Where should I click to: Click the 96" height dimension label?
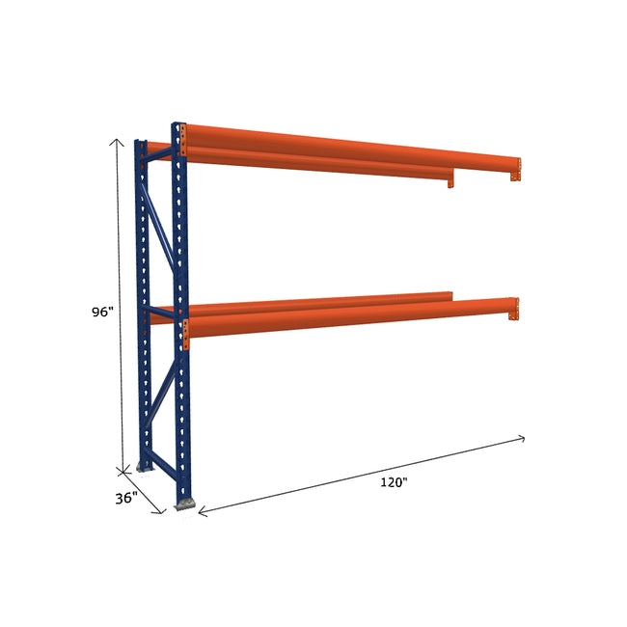click(102, 312)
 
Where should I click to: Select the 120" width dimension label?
click(394, 482)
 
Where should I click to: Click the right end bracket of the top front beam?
click(515, 171)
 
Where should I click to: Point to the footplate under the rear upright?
click(145, 467)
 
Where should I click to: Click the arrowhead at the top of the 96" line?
click(118, 141)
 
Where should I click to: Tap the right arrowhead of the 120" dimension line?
click(522, 439)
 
